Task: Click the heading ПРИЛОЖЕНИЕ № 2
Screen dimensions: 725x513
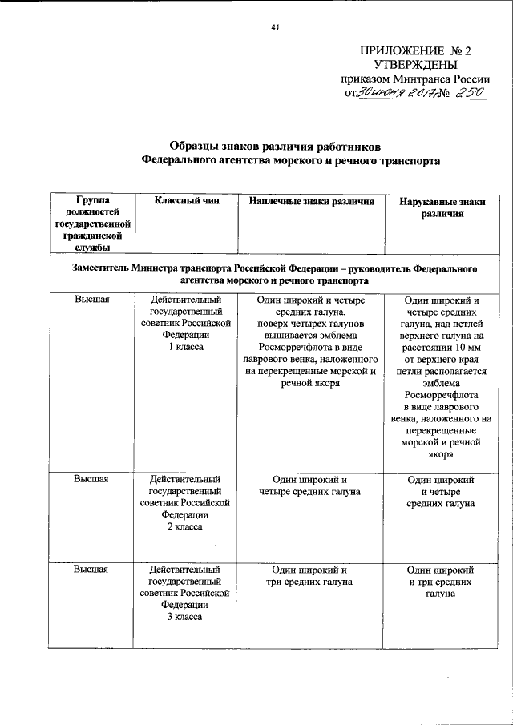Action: pyautogui.click(x=416, y=50)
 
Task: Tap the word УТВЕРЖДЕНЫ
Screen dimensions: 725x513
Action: pyautogui.click(x=416, y=65)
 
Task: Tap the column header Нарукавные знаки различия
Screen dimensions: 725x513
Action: pyautogui.click(x=442, y=208)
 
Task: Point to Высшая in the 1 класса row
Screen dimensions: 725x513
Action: pyautogui.click(x=91, y=299)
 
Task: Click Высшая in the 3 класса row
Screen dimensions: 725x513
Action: pyautogui.click(x=91, y=569)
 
